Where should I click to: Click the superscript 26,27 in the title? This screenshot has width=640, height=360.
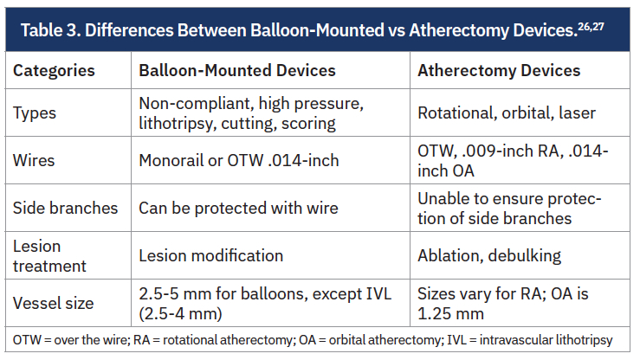pyautogui.click(x=591, y=27)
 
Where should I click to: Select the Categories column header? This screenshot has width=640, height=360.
pyautogui.click(x=54, y=71)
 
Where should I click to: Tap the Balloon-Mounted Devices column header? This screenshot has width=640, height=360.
pyautogui.click(x=237, y=70)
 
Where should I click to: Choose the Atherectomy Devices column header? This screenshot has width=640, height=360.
pyautogui.click(x=499, y=71)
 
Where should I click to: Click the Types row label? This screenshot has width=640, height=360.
pyautogui.click(x=35, y=113)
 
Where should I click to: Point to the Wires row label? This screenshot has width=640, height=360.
pyautogui.click(x=34, y=160)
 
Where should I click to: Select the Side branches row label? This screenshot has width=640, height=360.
pyautogui.click(x=65, y=208)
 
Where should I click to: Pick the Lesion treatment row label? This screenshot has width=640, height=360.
pyautogui.click(x=49, y=256)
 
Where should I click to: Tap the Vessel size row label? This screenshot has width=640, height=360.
pyautogui.click(x=54, y=304)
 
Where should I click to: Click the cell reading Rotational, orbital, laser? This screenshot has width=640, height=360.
pyautogui.click(x=507, y=113)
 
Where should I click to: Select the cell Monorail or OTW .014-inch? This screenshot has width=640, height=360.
pyautogui.click(x=239, y=160)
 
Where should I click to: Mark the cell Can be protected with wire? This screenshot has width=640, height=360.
pyautogui.click(x=238, y=208)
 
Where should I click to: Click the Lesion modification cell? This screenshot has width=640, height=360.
pyautogui.click(x=211, y=255)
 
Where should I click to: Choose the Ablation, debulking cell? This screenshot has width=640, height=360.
pyautogui.click(x=489, y=255)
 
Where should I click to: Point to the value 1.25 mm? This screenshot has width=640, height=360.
pyautogui.click(x=450, y=313)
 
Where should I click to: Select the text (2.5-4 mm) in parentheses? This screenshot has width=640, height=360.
pyautogui.click(x=180, y=313)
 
